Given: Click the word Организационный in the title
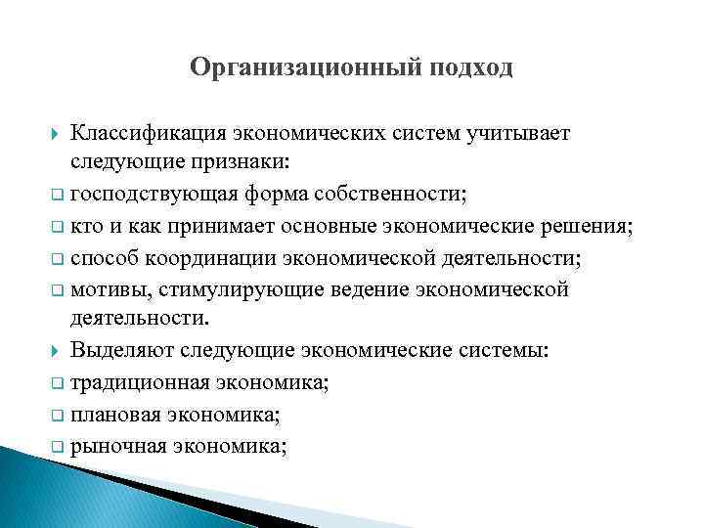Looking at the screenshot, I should (x=296, y=67).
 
